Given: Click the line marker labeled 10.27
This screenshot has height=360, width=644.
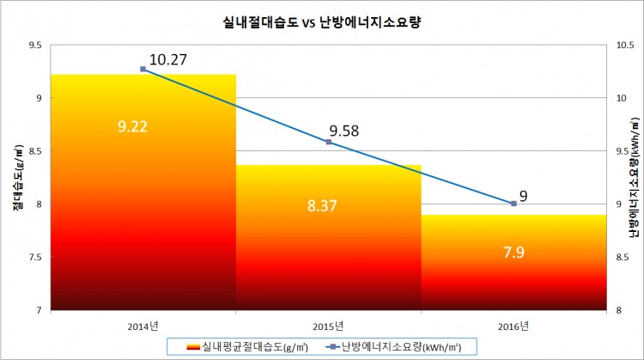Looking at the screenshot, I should click(143, 69).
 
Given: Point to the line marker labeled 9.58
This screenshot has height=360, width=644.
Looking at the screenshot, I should click(328, 142).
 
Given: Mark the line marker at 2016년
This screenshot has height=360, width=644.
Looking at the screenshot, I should click(513, 204).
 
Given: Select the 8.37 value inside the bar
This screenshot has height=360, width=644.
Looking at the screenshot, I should click(328, 206).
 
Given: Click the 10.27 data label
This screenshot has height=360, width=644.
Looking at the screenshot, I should click(168, 59).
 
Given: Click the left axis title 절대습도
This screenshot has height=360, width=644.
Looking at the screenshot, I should click(15, 177).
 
